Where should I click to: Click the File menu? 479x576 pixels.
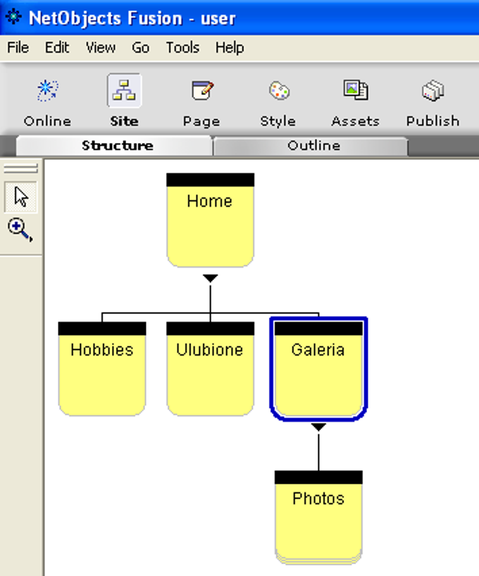[18, 47]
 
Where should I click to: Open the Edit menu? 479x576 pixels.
[57, 47]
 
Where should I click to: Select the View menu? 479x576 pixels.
[100, 47]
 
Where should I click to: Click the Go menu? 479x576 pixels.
[140, 47]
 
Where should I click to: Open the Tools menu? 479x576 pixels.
[182, 47]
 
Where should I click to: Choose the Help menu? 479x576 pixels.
[230, 47]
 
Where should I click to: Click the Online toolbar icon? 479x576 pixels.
[47, 90]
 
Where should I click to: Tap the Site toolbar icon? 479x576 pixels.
[124, 90]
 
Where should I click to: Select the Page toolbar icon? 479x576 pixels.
[202, 90]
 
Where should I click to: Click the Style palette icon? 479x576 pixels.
[279, 91]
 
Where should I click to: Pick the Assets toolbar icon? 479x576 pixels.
[356, 90]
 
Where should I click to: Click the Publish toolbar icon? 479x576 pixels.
[433, 90]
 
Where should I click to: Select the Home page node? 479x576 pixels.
[211, 220]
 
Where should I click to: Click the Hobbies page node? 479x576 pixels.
[102, 369]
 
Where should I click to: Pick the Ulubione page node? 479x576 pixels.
[211, 369]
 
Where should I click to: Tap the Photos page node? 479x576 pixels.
[318, 518]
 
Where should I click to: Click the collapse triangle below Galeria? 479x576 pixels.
[318, 427]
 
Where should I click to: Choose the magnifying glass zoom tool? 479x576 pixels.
[20, 230]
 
